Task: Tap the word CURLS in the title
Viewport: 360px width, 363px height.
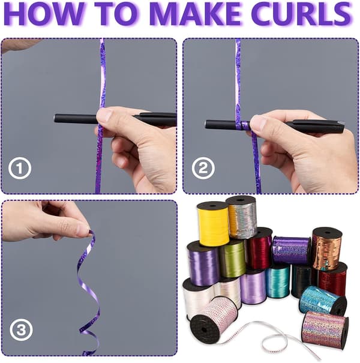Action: tap(301, 13)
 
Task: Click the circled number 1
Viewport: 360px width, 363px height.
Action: tap(20, 168)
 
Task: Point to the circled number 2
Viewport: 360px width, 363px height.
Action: tap(203, 168)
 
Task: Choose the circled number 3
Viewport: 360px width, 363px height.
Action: tap(21, 329)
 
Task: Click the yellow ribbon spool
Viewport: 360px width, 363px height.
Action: tap(213, 223)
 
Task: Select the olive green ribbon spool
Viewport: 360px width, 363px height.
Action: tap(232, 258)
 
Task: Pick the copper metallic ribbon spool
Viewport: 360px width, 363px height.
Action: tap(327, 249)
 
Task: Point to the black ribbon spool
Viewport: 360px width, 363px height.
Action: tap(301, 281)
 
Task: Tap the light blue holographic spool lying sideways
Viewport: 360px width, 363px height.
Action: tap(323, 300)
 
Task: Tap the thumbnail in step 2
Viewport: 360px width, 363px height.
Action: tap(258, 121)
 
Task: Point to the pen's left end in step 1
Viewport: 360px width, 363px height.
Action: tap(55, 118)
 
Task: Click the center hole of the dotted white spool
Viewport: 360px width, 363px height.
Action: tap(203, 329)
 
